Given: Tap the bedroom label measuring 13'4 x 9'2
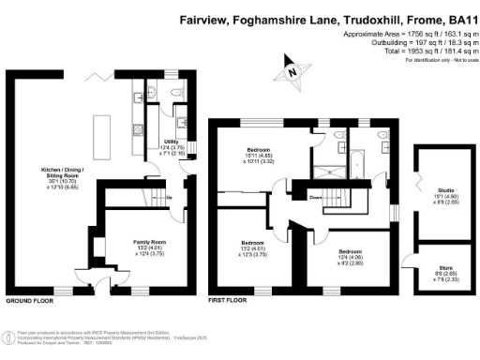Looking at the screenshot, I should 351,251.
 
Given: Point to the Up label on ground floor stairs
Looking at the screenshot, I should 169,197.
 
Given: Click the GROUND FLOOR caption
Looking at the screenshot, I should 28,301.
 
